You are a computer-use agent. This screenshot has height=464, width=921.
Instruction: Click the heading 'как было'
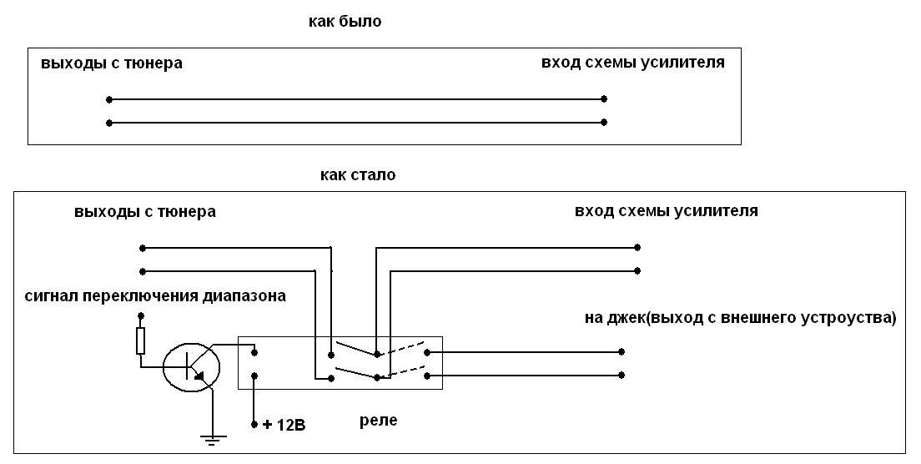click(345, 22)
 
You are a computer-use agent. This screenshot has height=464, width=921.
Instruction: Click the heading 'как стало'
click(357, 175)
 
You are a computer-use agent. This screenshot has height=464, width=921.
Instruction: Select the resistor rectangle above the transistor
click(140, 340)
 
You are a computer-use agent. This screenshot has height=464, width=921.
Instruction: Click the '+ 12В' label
click(284, 426)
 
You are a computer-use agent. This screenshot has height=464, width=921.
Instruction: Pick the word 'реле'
click(378, 421)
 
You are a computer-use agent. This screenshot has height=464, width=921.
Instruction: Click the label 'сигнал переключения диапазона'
click(155, 295)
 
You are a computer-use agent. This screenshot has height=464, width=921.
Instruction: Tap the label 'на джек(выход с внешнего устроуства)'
click(741, 318)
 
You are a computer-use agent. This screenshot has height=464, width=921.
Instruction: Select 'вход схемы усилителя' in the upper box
click(632, 63)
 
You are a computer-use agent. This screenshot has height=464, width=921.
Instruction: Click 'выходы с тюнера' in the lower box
click(144, 211)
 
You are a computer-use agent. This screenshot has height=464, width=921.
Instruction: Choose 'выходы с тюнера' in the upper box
click(111, 63)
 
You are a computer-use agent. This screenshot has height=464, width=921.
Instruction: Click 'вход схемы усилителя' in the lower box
click(666, 210)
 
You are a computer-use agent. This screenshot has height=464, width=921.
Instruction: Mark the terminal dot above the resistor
click(140, 316)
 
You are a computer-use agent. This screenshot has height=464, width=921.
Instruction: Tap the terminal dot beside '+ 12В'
click(254, 426)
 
